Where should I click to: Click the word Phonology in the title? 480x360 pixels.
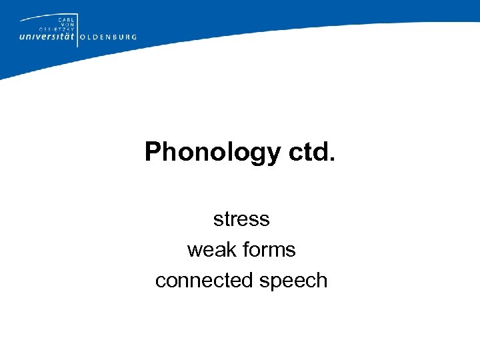pos(213,153)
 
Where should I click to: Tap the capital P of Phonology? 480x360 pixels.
pos(153,152)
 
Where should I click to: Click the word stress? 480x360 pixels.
pos(241,219)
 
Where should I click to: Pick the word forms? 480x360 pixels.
pos(269,249)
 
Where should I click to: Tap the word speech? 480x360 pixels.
pos(293,280)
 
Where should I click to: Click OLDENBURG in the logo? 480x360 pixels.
pos(108,37)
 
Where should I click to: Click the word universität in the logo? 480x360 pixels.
pos(47,37)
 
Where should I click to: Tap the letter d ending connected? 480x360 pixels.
pos(248,280)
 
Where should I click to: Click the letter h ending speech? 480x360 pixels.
pos(322,280)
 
